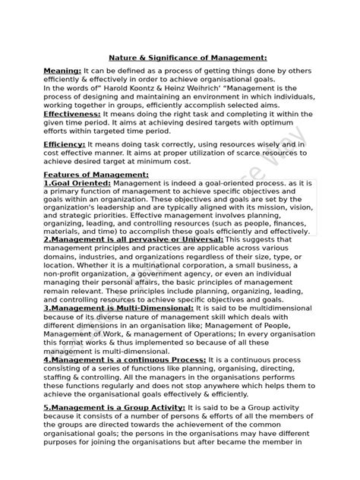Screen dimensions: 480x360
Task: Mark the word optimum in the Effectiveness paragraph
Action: tap(277, 119)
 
